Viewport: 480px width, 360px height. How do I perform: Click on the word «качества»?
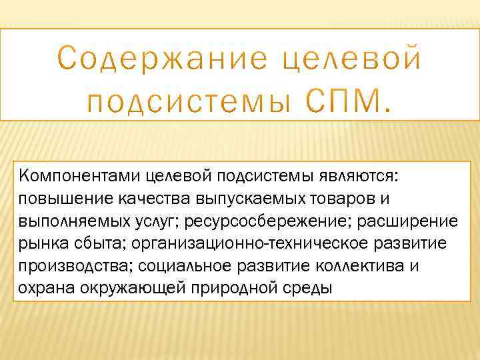[150, 199]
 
